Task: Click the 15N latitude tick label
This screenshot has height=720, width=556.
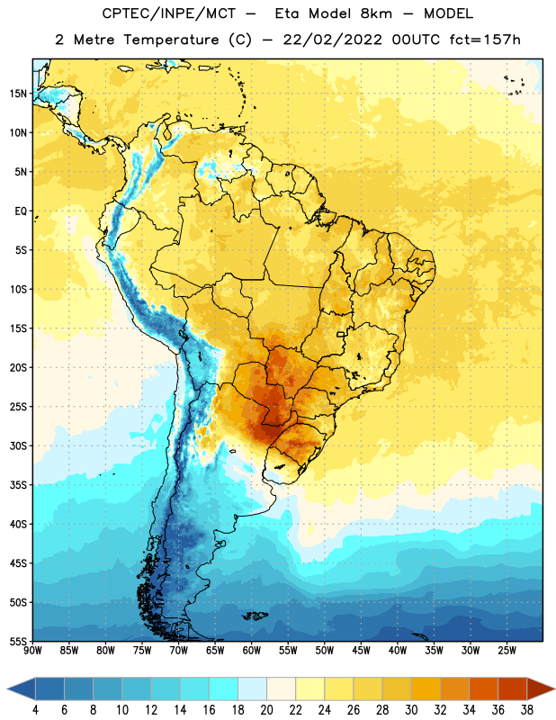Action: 18,94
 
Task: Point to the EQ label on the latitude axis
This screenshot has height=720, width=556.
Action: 21,211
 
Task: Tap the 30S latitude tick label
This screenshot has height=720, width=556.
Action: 18,445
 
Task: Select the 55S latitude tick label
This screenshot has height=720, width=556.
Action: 18,642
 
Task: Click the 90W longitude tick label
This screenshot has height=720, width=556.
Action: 32,651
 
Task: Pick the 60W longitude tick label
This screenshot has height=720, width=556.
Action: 252,651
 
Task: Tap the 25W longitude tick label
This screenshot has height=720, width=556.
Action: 507,651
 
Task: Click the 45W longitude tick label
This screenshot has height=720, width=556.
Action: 361,651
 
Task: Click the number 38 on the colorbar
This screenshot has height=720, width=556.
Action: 527,710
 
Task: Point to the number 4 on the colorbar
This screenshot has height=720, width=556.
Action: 36,710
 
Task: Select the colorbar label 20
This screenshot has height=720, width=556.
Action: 266,710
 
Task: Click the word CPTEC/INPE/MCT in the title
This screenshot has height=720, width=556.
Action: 169,13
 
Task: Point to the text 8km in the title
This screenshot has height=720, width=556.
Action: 376,13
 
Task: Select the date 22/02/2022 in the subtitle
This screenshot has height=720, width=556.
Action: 333,40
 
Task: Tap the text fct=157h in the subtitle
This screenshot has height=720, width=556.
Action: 485,40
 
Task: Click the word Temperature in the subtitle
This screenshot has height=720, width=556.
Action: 171,40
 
